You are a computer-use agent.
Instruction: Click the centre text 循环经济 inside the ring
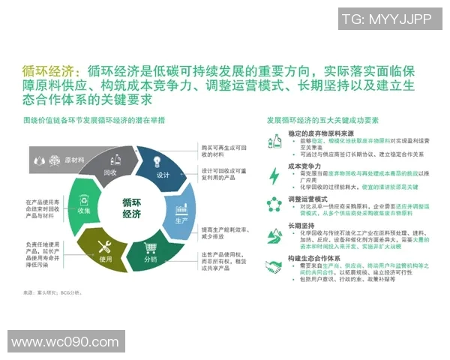[131, 208]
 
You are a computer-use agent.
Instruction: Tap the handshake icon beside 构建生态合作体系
[274, 268]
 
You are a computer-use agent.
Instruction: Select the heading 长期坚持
[301, 223]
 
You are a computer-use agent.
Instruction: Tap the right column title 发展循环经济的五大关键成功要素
[322, 119]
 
